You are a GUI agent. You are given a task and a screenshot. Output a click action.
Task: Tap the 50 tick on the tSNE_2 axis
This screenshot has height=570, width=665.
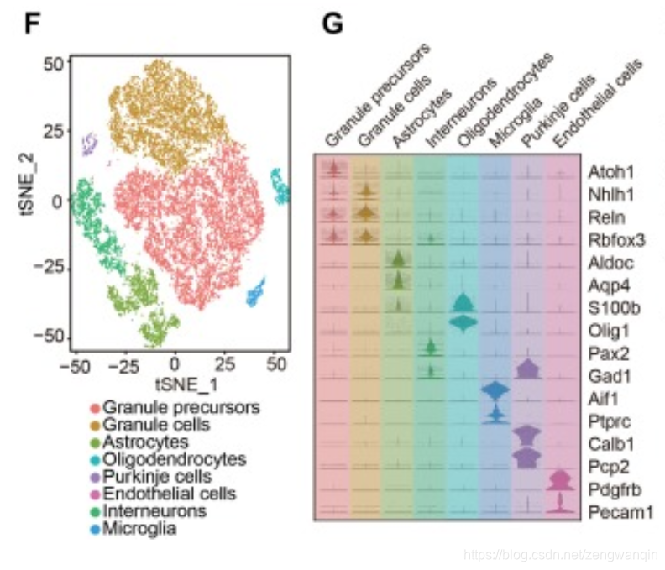(x=53, y=64)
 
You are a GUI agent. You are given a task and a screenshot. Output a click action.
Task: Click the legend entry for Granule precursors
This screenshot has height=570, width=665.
(x=175, y=408)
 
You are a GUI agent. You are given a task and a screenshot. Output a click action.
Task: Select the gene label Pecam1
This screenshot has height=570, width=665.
(x=619, y=510)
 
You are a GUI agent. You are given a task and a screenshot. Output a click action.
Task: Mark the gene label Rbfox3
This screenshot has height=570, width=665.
(x=617, y=238)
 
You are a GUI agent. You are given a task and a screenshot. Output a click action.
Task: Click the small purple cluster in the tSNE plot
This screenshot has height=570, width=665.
(x=89, y=144)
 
